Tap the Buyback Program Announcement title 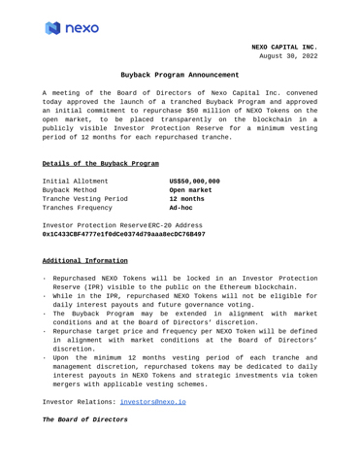(x=180, y=75)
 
